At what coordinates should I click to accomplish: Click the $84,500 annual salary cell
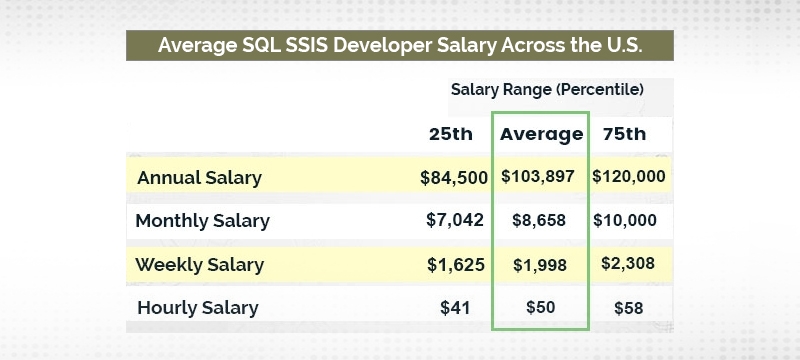tap(454, 177)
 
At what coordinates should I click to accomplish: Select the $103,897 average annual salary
tap(540, 177)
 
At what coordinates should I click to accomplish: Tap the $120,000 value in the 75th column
tap(629, 177)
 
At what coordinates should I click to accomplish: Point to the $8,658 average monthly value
tap(540, 221)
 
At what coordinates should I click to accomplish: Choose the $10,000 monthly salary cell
tap(629, 221)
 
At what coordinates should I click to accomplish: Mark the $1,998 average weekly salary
tap(540, 265)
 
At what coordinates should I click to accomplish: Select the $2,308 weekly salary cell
tap(629, 265)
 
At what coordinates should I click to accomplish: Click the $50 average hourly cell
tap(540, 308)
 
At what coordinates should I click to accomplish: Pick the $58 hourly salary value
tap(629, 308)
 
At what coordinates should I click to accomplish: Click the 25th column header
tap(451, 134)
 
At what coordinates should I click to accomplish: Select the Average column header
tap(541, 134)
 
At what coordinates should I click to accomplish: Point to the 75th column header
tap(624, 134)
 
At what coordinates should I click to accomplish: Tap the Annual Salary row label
tap(199, 178)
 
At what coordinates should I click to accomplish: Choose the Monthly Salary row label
tap(202, 221)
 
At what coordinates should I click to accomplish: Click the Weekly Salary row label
tap(200, 265)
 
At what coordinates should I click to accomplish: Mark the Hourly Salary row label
tap(197, 308)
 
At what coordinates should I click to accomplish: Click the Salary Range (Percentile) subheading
tap(547, 90)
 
